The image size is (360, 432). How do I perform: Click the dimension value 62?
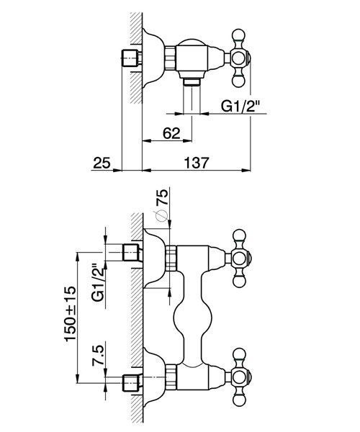[x=171, y=134]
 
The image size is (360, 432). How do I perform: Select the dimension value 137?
[x=197, y=163]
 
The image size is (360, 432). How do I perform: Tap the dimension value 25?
[x=102, y=163]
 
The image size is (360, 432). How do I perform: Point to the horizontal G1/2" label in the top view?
[x=240, y=106]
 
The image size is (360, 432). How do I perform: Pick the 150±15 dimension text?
[x=70, y=313]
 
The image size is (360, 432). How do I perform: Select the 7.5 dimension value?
[x=99, y=354]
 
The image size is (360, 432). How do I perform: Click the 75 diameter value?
[x=162, y=197]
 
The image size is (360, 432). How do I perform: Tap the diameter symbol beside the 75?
[x=161, y=216]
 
